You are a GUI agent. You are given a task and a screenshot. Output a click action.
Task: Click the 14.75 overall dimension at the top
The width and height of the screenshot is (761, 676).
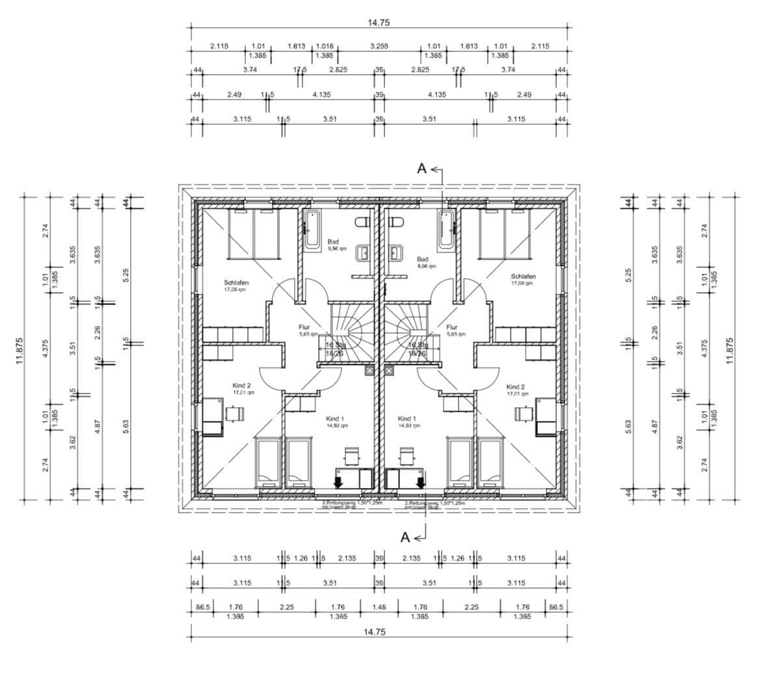(x=379, y=22)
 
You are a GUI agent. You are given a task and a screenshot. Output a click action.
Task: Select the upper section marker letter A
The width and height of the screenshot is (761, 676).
(x=421, y=169)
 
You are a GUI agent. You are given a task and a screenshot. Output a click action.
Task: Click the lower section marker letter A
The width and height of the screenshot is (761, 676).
(x=405, y=537)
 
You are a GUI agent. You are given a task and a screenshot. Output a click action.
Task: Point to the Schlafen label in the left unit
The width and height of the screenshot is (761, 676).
(x=236, y=283)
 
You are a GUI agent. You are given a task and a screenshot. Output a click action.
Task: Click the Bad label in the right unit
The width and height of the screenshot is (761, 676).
(x=423, y=259)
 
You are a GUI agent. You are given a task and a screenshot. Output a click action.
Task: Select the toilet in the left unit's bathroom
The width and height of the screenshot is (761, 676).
(x=362, y=223)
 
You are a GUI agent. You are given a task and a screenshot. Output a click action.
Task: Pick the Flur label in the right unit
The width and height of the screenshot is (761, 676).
(x=452, y=327)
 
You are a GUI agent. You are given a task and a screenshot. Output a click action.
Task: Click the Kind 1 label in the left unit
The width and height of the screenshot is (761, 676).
(x=335, y=418)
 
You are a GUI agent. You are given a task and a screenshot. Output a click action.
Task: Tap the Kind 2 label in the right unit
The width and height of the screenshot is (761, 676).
(x=517, y=386)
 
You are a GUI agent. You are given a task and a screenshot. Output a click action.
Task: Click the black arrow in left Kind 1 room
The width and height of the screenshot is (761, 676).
(x=338, y=481)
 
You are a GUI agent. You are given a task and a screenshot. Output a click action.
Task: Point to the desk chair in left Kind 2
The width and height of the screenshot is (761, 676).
(x=234, y=413)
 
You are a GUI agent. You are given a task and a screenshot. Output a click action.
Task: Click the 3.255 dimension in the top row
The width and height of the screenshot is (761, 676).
(x=379, y=46)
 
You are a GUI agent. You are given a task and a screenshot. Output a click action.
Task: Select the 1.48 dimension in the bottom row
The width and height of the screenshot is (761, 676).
(x=379, y=608)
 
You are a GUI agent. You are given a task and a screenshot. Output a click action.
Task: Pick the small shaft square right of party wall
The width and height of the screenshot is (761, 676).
(x=389, y=372)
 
